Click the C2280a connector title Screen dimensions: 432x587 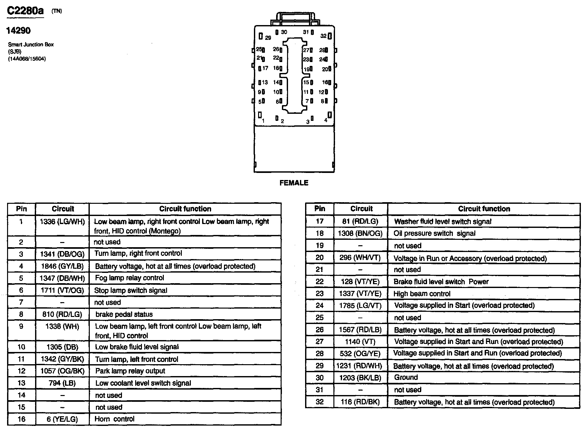coord(25,11)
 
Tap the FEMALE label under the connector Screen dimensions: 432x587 coord(294,183)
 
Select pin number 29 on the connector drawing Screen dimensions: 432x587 coord(268,38)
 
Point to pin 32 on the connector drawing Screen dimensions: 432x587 coord(323,36)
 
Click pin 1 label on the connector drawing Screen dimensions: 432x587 coord(263,121)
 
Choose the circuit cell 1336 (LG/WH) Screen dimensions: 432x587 coord(62,222)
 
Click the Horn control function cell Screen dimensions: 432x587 coord(115,419)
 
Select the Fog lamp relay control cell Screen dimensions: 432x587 coord(129,278)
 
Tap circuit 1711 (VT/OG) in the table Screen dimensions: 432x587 coord(62,291)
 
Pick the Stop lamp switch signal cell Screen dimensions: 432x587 coord(131,291)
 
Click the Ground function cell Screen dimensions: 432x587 coord(406,377)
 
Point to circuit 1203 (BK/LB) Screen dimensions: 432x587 coord(360,378)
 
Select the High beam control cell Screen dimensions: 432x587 coord(422,294)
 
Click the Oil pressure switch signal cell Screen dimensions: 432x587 coord(434,234)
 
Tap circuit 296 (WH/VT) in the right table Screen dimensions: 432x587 coord(360,258)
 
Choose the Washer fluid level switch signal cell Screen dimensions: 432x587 coord(443,222)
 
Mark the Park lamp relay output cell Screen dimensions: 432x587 coord(130,371)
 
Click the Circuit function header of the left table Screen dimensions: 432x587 coord(185,209)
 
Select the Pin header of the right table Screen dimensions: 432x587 coord(320,209)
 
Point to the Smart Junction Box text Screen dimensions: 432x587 coord(31,45)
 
